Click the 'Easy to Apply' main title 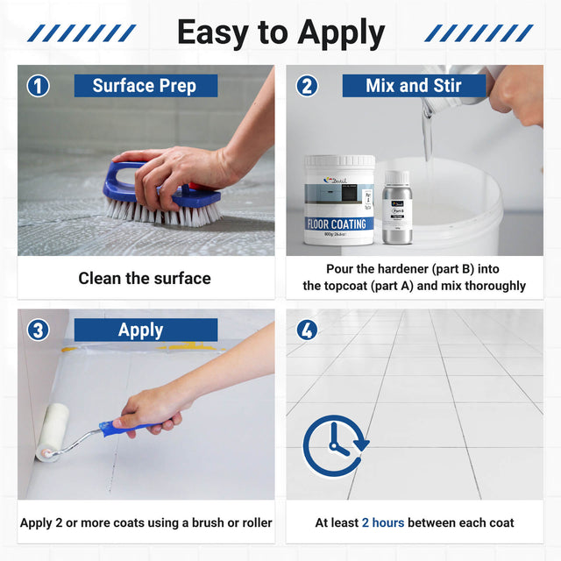click(280, 33)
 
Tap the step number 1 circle click(38, 86)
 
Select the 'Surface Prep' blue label click(144, 86)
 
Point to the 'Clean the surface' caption click(145, 279)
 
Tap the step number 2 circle click(307, 86)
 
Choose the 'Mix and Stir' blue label click(414, 86)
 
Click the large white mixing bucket click(465, 206)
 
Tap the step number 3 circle click(38, 330)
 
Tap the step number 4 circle click(307, 330)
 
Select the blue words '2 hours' click(383, 522)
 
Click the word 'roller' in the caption click(251, 522)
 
